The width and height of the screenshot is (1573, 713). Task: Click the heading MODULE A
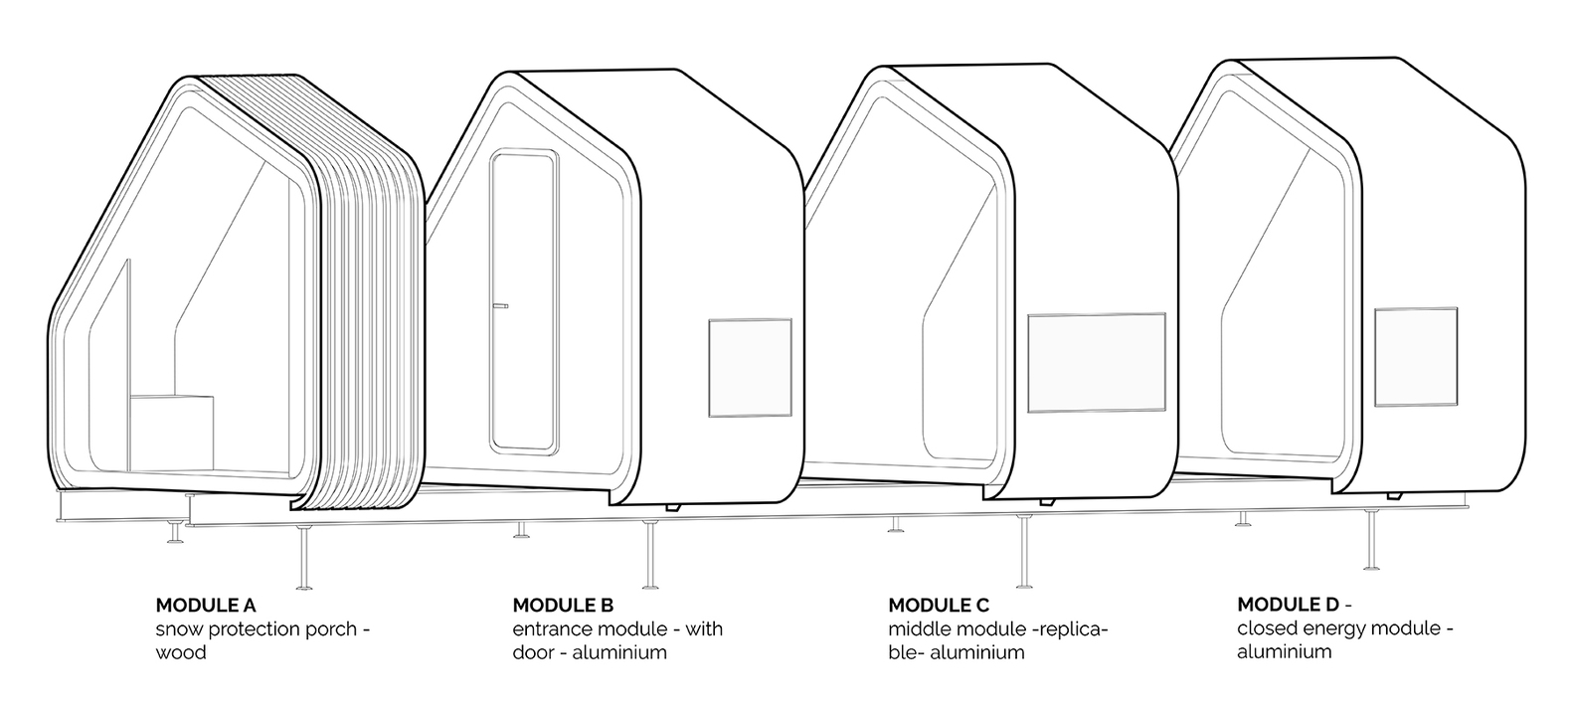(206, 605)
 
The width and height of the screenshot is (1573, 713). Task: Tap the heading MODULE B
(563, 605)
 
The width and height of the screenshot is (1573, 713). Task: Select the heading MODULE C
(939, 605)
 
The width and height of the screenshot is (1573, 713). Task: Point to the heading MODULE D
(1288, 605)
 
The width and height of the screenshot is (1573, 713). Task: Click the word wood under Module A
(181, 652)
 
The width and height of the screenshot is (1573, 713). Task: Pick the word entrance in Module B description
(555, 628)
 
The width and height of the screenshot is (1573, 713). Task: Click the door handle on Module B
(501, 305)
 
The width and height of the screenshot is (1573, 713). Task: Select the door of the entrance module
(524, 300)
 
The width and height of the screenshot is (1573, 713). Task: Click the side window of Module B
(750, 367)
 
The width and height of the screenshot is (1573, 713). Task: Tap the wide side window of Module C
(1096, 363)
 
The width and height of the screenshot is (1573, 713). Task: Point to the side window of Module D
(1416, 357)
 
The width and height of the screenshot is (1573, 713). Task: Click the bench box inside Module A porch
(171, 433)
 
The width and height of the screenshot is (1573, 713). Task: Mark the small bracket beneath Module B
(673, 507)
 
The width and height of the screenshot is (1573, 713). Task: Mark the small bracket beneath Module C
(1047, 501)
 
